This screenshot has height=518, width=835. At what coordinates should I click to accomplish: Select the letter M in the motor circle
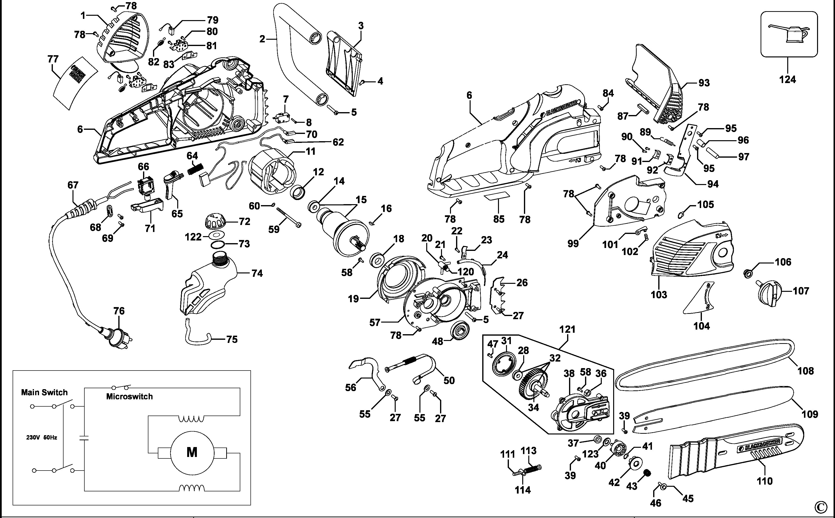(x=192, y=452)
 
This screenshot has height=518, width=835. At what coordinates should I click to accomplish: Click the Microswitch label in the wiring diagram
(x=129, y=396)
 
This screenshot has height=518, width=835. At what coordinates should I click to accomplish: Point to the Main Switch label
(x=44, y=392)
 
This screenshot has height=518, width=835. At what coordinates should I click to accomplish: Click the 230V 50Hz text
(x=41, y=438)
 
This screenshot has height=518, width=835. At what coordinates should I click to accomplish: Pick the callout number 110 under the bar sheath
(x=764, y=481)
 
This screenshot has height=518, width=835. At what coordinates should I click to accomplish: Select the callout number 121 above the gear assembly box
(x=567, y=330)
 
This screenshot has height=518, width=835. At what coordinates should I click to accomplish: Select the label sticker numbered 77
(x=75, y=83)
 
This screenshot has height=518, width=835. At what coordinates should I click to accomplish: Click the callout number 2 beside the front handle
(x=262, y=39)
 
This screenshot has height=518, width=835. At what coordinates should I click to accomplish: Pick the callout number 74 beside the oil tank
(x=257, y=273)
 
